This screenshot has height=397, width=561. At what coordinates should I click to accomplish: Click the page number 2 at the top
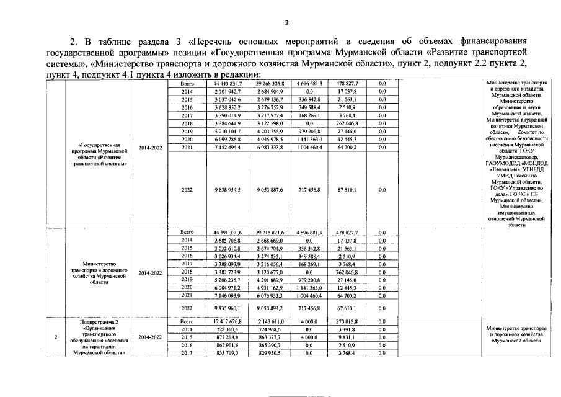tap(286, 24)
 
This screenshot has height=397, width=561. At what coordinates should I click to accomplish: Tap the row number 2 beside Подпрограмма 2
tap(56, 337)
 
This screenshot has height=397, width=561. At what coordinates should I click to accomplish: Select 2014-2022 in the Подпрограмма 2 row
tap(151, 337)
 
